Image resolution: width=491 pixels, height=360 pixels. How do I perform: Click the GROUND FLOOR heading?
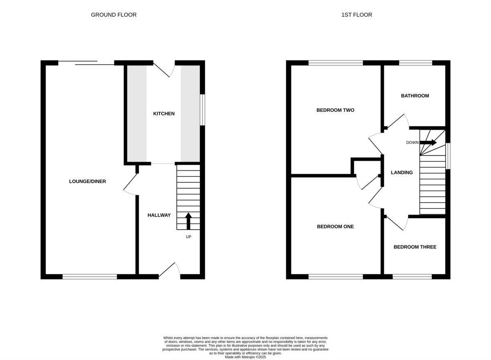coord(113,15)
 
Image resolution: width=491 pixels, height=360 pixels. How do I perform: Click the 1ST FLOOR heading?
coord(356,15)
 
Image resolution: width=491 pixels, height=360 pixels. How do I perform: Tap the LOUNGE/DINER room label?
coord(88,181)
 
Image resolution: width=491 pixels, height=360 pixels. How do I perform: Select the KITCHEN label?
coord(164,113)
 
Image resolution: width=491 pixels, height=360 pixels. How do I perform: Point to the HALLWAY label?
coord(159,215)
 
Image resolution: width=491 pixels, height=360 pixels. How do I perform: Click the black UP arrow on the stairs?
coord(189,221)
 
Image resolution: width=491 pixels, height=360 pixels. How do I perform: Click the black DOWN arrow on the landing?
coord(428,143)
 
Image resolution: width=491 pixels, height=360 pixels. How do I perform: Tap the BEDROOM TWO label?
coord(335,110)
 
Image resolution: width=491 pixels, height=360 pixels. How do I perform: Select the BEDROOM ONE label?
coord(335,226)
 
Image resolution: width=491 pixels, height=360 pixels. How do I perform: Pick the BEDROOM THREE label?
coord(414,247)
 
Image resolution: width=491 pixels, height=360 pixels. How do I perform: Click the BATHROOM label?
coord(414,96)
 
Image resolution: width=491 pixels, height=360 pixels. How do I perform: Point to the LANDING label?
coord(401,172)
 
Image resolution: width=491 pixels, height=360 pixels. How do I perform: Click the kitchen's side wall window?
coord(202,110)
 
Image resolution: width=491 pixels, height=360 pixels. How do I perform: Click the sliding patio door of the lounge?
coord(86,63)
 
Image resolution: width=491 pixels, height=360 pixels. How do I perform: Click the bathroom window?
coord(415,63)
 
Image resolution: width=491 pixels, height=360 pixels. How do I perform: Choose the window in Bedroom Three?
coord(412,277)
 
